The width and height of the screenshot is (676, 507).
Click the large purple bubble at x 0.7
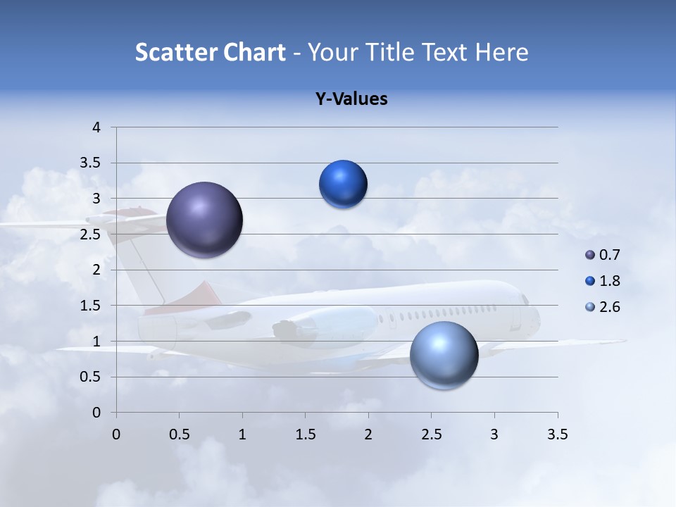pos(204,220)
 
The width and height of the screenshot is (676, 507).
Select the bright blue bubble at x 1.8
pos(343,184)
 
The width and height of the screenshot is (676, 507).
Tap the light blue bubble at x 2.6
pos(444,355)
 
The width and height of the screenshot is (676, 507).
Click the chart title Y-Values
pos(351,99)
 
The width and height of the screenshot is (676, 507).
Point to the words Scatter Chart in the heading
pos(210,52)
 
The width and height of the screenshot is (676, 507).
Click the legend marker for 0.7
pos(590,255)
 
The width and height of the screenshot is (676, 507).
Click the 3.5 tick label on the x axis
pos(557,434)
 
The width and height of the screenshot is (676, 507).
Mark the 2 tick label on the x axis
pos(368,434)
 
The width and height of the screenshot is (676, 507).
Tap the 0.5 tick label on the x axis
pos(180,434)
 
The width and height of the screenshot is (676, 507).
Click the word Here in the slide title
pos(501,52)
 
